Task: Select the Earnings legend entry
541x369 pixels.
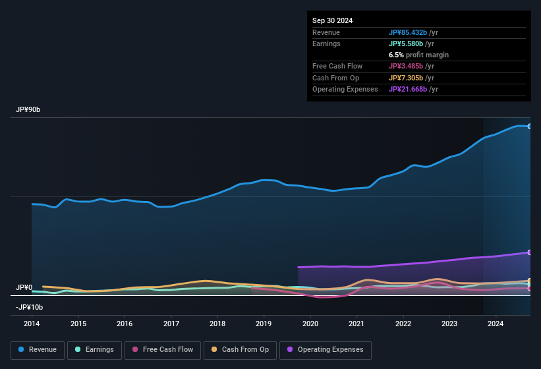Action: click(x=94, y=349)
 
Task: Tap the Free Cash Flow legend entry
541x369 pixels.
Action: click(x=163, y=349)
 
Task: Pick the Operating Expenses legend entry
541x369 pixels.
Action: click(x=326, y=349)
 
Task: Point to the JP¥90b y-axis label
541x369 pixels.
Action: click(x=28, y=110)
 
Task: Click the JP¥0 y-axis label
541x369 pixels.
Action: click(x=24, y=288)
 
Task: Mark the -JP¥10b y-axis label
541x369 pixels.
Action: click(x=29, y=307)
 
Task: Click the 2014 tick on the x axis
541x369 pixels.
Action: click(x=32, y=324)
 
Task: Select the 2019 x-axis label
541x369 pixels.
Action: click(x=264, y=324)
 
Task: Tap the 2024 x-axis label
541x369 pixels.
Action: click(x=496, y=324)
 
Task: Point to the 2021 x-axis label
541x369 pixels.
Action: click(x=356, y=324)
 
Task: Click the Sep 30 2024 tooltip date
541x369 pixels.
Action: click(x=332, y=20)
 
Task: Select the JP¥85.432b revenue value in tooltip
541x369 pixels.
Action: click(x=413, y=32)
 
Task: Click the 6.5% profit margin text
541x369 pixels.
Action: click(x=418, y=55)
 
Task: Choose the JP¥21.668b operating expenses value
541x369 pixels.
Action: click(x=413, y=89)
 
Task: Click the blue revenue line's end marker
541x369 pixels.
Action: click(x=530, y=126)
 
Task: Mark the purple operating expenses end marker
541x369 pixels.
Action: click(x=530, y=252)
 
